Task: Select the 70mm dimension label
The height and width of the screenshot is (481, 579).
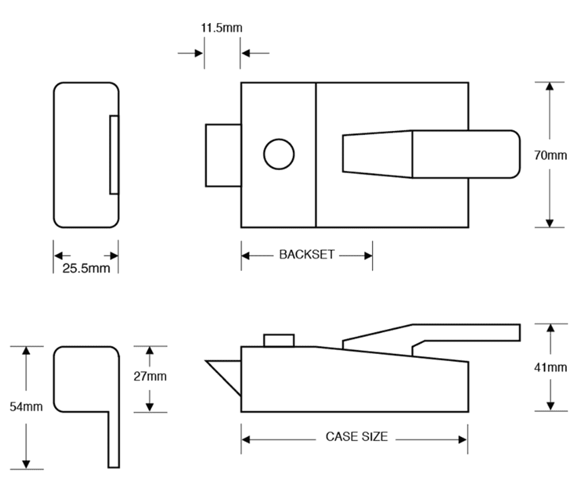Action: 550,155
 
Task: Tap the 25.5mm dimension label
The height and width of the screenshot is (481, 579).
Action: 86,269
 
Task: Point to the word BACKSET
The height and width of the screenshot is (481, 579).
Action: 306,255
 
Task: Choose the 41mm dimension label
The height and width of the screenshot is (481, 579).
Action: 550,368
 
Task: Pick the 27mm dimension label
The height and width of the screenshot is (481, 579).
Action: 150,376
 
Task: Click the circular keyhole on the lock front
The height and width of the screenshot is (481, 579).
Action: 279,154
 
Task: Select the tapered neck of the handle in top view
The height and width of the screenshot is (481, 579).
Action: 377,154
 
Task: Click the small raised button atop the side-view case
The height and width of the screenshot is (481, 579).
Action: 279,340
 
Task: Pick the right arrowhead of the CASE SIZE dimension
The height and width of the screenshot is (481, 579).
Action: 462,440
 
